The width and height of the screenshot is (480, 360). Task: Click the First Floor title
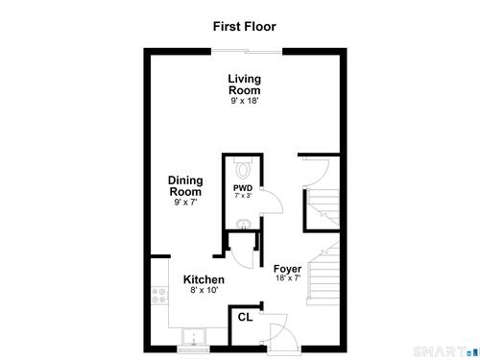245,26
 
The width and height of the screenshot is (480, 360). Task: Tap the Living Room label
245,84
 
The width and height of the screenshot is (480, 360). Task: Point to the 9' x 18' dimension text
245,101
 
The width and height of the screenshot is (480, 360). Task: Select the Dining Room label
185,186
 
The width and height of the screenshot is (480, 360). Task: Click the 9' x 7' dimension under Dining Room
185,203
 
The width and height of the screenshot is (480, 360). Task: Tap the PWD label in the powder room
243,188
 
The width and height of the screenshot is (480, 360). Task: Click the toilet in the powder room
243,168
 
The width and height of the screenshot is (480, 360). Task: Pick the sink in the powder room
244,224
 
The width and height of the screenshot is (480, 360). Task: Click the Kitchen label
204,279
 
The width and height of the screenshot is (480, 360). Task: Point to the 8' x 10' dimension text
204,290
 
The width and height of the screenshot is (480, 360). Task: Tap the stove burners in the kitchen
159,296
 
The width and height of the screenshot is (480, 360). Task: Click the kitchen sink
193,337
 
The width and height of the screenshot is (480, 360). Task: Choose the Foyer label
287,269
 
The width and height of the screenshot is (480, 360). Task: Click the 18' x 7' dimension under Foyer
288,277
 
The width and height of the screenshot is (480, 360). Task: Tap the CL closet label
245,317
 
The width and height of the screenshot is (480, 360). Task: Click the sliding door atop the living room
247,51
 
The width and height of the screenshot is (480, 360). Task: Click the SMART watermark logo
446,351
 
